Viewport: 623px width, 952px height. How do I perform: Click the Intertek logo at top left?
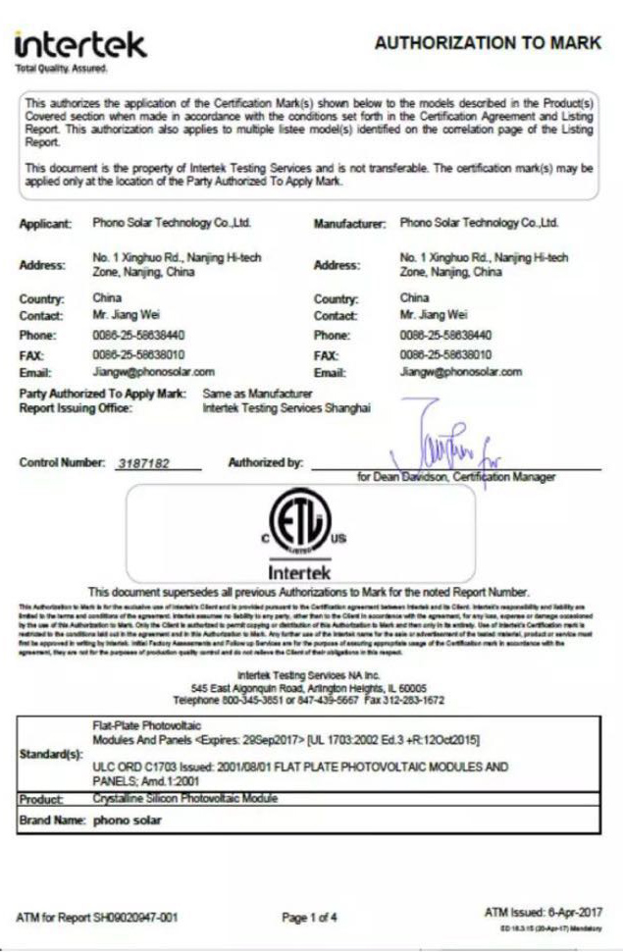click(80, 45)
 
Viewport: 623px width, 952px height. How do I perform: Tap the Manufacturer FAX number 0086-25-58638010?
click(447, 354)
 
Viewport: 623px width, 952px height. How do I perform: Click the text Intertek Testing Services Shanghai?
click(286, 408)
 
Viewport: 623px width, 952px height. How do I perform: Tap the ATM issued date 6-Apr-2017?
click(569, 913)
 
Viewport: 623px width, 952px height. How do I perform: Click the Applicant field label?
click(45, 224)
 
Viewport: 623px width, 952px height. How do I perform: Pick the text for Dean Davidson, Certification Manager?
click(457, 477)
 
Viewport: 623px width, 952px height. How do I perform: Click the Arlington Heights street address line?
click(310, 690)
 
